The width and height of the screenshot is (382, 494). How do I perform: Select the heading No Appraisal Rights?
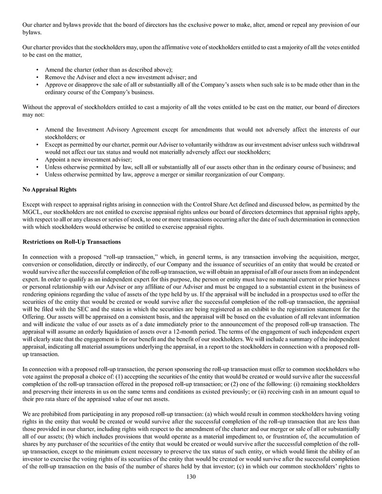[x=49, y=190]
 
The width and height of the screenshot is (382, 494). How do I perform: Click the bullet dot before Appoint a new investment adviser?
[x=37, y=160]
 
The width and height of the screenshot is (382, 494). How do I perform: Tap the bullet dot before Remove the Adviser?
[x=37, y=77]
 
